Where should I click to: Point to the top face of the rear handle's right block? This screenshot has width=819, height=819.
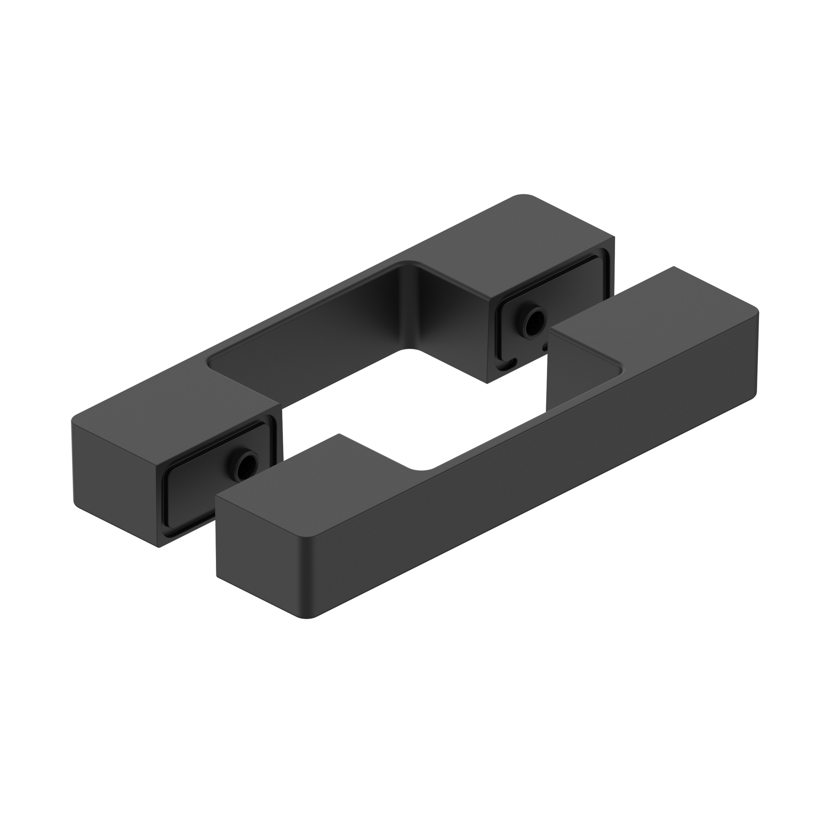[x=526, y=237]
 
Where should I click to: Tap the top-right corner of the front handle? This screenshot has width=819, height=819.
[x=757, y=311]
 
